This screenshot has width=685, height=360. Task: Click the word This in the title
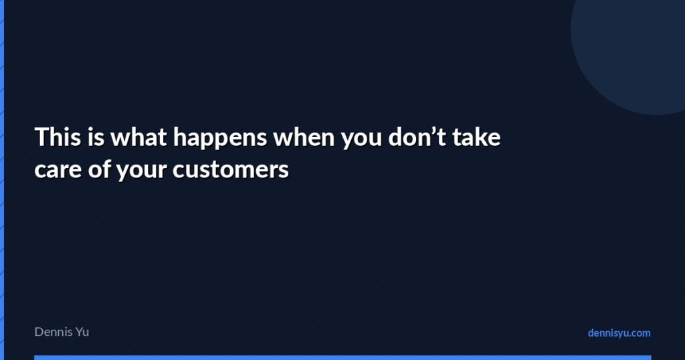pos(58,137)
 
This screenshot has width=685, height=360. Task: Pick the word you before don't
pos(361,140)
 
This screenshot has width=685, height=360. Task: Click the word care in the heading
pos(58,170)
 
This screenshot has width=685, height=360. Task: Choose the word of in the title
pos(99,169)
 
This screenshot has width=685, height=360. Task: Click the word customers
pos(231,169)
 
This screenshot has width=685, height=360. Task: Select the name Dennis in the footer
pos(53,332)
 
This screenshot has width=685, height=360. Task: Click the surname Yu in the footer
pos(82,332)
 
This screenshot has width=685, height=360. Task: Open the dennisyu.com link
pos(619,333)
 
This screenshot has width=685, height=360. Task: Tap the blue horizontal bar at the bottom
pos(342,358)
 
